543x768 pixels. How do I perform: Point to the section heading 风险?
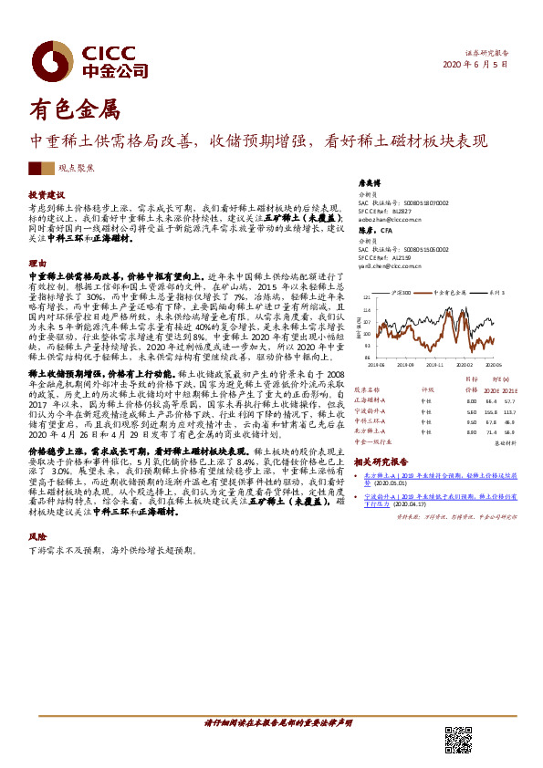click(37, 539)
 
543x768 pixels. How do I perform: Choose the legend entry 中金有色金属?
click(444, 293)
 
